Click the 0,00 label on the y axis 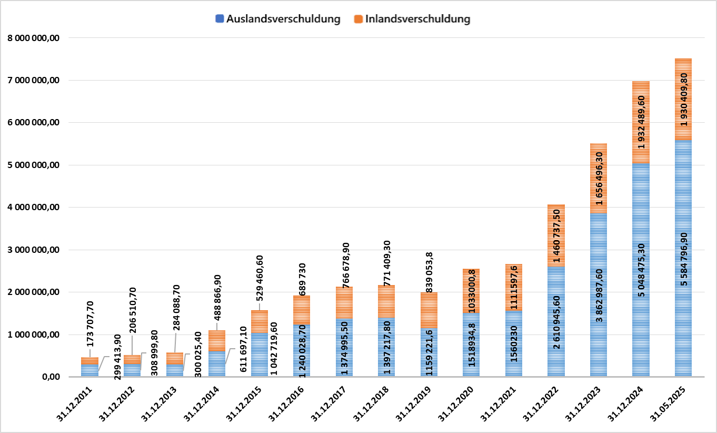[x=52, y=377]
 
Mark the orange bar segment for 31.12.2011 [x=89, y=361]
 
